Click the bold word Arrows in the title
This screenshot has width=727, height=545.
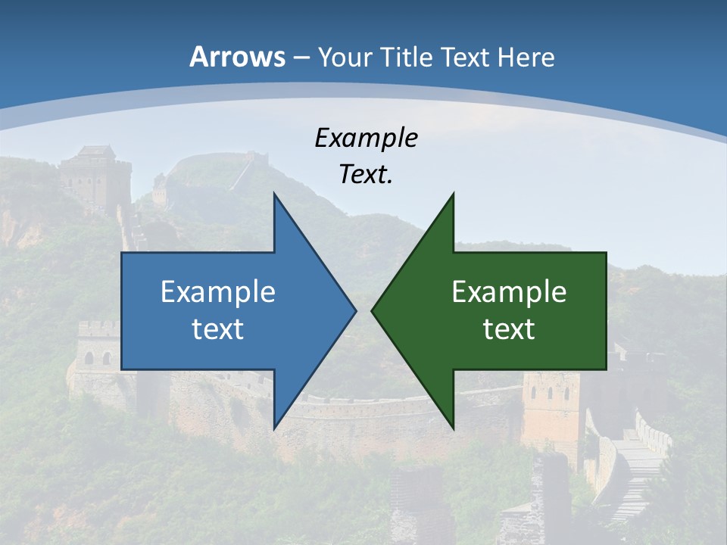point(237,57)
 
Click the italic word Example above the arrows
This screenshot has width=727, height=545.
point(366,138)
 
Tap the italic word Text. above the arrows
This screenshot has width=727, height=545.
point(366,175)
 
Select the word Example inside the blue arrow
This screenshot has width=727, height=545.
point(218,292)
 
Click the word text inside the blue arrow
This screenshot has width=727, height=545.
point(218,329)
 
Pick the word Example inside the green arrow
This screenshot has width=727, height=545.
point(509,292)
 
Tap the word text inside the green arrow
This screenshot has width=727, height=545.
point(509,329)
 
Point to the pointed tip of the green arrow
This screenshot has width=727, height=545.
point(373,310)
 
